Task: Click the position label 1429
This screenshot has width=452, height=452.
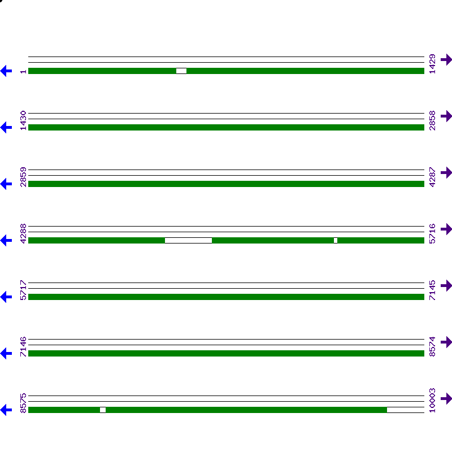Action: tap(432, 64)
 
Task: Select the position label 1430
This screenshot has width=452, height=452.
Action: tap(23, 120)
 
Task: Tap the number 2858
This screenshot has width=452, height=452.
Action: tap(432, 120)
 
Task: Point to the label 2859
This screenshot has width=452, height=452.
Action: tap(23, 177)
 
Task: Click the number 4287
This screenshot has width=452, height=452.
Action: tap(432, 177)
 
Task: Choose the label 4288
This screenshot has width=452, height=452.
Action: tap(23, 233)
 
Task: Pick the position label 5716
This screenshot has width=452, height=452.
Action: tap(432, 233)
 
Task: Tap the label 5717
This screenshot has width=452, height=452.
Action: tap(23, 290)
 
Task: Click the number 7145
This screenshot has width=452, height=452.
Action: tap(432, 290)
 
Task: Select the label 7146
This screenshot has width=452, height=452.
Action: tap(23, 346)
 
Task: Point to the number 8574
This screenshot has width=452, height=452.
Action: tap(432, 346)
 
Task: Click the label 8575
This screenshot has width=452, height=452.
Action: tap(23, 403)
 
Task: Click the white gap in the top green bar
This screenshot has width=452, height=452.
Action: tap(181, 71)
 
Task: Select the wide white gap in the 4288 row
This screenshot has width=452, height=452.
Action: tap(188, 240)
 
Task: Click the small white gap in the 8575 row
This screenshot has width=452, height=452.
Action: tap(103, 410)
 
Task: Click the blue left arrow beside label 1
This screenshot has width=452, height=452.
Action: tap(6, 71)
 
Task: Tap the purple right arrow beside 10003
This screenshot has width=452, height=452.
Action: tap(446, 398)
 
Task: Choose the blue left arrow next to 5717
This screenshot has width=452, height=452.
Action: tap(6, 297)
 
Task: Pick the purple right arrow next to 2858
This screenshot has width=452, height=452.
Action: tap(446, 116)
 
